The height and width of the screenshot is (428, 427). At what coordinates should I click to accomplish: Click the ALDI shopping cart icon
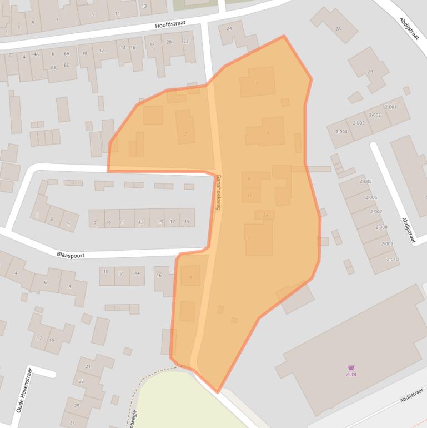pyautogui.click(x=351, y=367)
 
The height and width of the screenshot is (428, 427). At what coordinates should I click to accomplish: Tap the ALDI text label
pyautogui.click(x=351, y=374)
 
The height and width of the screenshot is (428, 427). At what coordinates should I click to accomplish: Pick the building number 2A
pyautogui.click(x=338, y=28)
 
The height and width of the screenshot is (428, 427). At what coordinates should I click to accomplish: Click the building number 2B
pyautogui.click(x=370, y=72)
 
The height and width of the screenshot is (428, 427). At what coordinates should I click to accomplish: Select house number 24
pyautogui.click(x=229, y=28)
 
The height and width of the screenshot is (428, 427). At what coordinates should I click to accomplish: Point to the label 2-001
pyautogui.click(x=390, y=107)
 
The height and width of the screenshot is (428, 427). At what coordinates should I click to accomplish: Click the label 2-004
pyautogui.click(x=341, y=132)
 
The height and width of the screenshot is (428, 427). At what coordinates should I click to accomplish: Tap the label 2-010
pyautogui.click(x=392, y=260)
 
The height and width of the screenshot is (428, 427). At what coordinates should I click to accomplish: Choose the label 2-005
pyautogui.click(x=365, y=181)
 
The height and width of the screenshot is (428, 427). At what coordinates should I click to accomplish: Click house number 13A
pyautogui.click(x=264, y=215)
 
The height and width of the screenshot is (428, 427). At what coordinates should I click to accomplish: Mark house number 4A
pyautogui.click(x=36, y=54)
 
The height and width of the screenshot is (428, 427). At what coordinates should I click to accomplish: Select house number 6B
pyautogui.click(x=53, y=67)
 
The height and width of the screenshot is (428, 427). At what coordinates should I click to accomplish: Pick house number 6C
pyautogui.click(x=66, y=65)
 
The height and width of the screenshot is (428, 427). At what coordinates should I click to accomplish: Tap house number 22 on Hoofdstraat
pyautogui.click(x=186, y=42)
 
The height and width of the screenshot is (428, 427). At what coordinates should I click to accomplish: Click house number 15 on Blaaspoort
pyautogui.click(x=160, y=222)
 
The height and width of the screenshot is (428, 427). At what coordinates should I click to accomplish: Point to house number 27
pyautogui.click(x=72, y=422)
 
